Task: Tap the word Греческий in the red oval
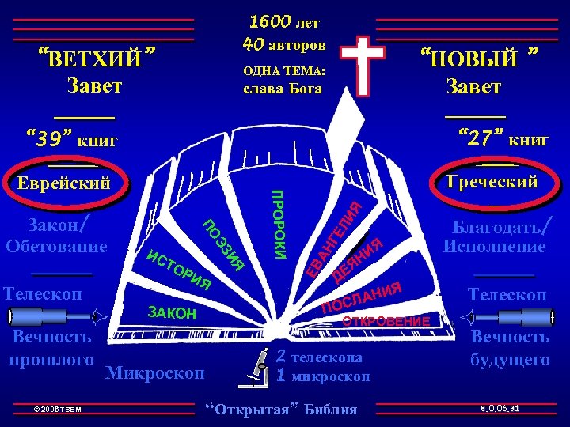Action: (x=492, y=181)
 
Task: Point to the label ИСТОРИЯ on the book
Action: (x=180, y=269)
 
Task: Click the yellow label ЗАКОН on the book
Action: (x=172, y=312)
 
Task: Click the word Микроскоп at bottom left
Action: (x=155, y=372)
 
